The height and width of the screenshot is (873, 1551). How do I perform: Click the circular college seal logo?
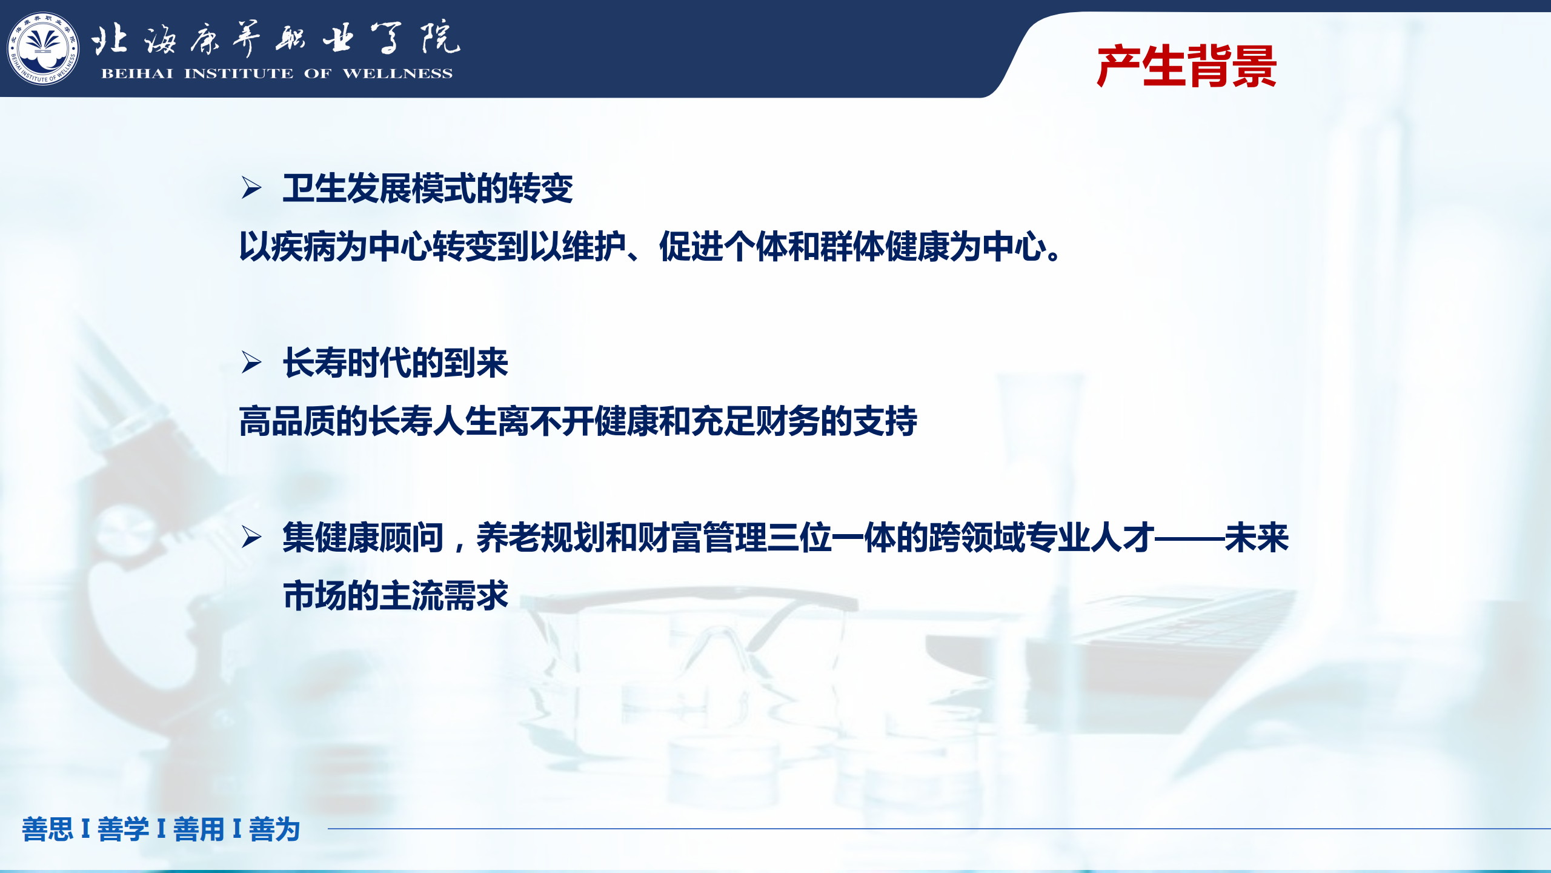point(43,48)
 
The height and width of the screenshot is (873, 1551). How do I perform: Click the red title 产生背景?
point(1186,66)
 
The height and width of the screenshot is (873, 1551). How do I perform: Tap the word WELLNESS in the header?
point(397,73)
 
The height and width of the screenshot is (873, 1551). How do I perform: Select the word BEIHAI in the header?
point(137,73)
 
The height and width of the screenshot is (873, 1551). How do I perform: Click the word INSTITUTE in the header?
point(239,73)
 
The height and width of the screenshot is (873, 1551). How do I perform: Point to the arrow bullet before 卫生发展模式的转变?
point(251,187)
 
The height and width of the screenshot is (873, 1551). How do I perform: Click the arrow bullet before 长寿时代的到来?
point(251,362)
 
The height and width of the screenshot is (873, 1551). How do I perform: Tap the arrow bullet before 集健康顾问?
point(251,537)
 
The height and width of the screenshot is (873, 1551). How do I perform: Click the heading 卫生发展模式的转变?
point(428,188)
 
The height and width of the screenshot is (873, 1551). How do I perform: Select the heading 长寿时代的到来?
point(396,363)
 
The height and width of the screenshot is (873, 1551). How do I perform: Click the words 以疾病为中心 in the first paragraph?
point(336,246)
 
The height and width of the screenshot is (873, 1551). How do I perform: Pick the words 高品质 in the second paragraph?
point(288,421)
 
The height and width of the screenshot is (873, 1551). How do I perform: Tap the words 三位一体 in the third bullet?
point(831,537)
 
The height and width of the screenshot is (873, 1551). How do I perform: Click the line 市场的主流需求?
point(396,595)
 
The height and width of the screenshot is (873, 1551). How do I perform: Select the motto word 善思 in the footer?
point(47,829)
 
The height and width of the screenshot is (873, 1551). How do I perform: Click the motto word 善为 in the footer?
point(274,829)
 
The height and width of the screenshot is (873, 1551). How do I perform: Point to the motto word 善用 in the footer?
point(199,829)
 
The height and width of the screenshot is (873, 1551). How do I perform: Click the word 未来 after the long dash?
point(1257,537)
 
